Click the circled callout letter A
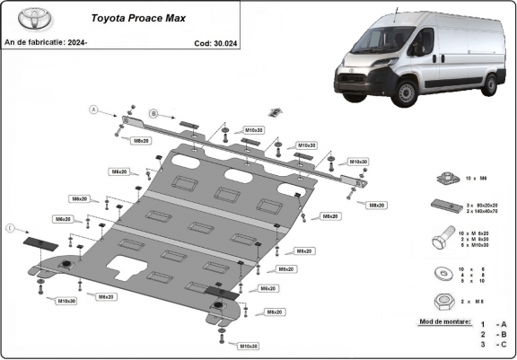pyautogui.click(x=92, y=110)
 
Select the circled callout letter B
pyautogui.click(x=153, y=113)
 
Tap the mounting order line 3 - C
pyautogui.click(x=494, y=344)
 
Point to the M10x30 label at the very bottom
pyautogui.click(x=247, y=346)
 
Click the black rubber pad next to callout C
pyautogui.click(x=39, y=242)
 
